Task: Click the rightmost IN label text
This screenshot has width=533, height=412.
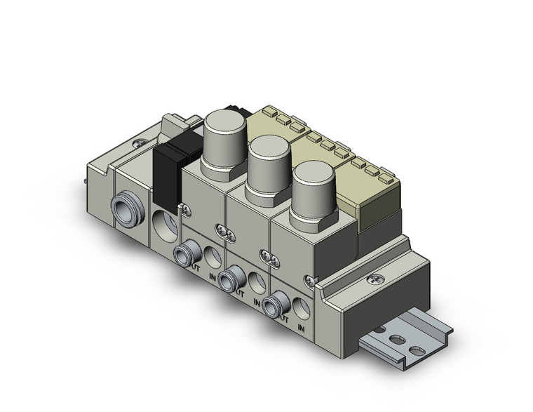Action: tap(302, 328)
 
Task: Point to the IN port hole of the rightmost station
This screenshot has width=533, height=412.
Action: tap(302, 308)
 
